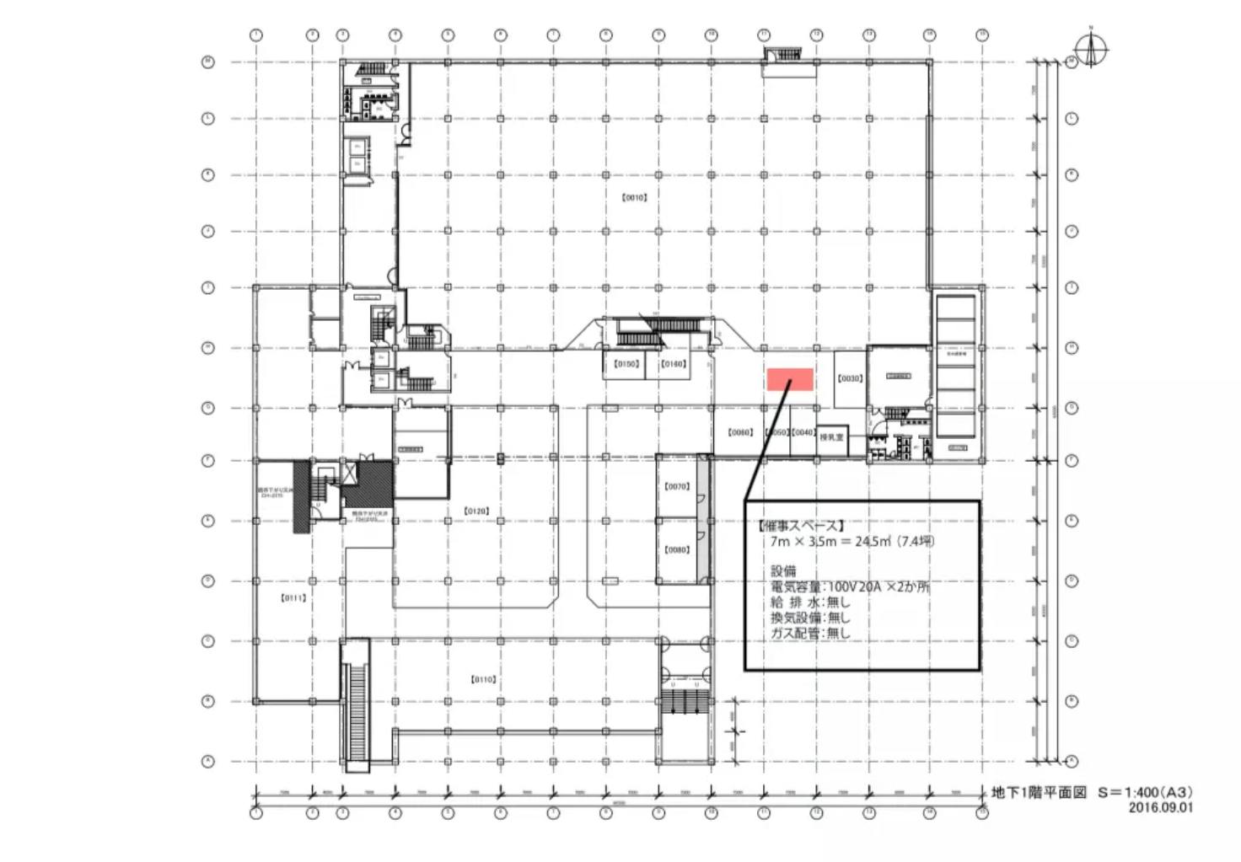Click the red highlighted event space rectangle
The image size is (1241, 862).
click(790, 379)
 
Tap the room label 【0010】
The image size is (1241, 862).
click(634, 198)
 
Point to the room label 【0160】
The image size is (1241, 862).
click(673, 365)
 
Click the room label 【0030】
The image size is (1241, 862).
click(850, 378)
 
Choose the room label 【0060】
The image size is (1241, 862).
click(739, 432)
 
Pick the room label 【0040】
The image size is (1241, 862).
click(803, 432)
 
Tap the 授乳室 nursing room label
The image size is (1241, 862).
click(831, 437)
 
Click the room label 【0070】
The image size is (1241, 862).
click(677, 486)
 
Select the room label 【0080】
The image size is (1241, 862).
click(677, 549)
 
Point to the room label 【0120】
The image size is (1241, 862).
click(476, 511)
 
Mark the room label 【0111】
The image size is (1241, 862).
click(293, 597)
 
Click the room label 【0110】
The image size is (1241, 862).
click(483, 679)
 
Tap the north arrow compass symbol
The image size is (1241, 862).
click(1091, 51)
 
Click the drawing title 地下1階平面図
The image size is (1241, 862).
click(1039, 793)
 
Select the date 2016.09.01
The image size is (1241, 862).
click(1161, 807)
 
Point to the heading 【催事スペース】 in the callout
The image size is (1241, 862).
click(801, 526)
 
